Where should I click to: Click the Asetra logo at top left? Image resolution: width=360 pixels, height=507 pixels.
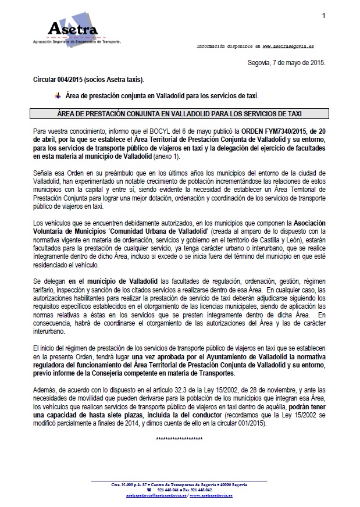point(72,31)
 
